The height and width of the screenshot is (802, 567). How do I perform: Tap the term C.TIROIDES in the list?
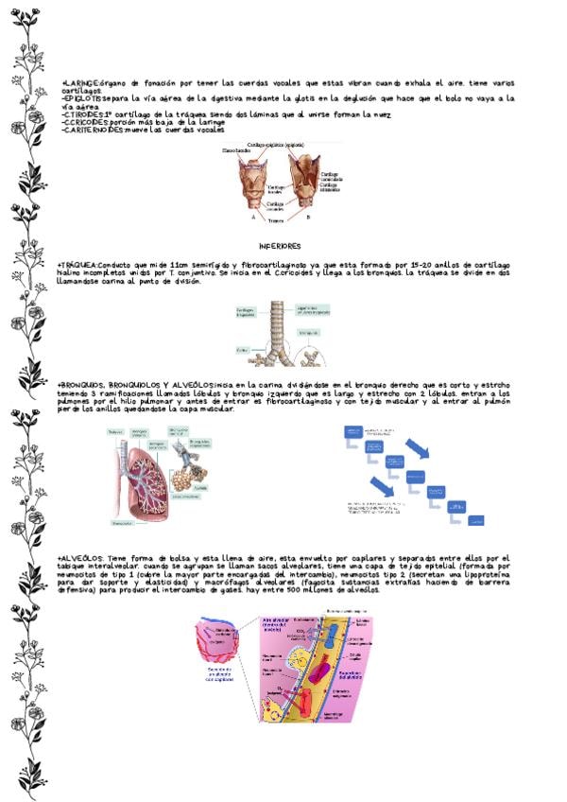pyautogui.click(x=81, y=114)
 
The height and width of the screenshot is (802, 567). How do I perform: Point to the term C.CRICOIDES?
pyautogui.click(x=84, y=122)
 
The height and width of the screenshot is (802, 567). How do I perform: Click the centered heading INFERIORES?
pyautogui.click(x=280, y=245)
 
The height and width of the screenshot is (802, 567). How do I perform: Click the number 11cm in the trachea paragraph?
pyautogui.click(x=180, y=264)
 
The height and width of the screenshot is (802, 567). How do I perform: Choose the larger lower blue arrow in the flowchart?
pyautogui.click(x=383, y=489)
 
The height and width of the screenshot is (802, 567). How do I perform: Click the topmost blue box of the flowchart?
pyautogui.click(x=352, y=430)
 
